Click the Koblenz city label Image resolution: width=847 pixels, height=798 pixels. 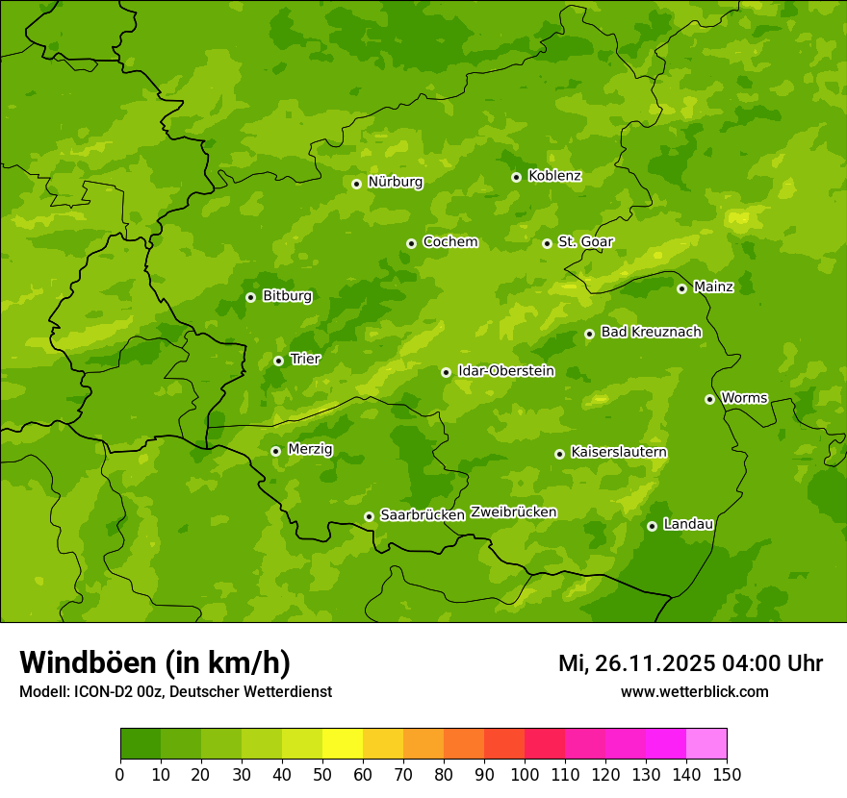[554, 176]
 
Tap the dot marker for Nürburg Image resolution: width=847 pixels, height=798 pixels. [356, 184]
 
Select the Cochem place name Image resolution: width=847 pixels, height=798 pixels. [449, 242]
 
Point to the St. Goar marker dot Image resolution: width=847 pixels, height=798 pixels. [547, 243]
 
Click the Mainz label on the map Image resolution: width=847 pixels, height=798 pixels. [713, 287]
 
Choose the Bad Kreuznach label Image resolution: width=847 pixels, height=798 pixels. [651, 333]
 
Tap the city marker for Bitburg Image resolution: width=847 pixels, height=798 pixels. [250, 297]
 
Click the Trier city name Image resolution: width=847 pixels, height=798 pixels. [305, 360]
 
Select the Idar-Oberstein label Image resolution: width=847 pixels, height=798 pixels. [506, 371]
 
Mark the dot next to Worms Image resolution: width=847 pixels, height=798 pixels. [709, 399]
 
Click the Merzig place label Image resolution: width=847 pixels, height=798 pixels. [310, 450]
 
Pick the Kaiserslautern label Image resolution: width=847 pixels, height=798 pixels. [619, 453]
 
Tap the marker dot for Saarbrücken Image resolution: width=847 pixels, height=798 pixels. [369, 516]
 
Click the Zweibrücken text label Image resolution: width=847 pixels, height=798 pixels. [513, 512]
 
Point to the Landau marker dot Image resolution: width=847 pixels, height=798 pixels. [652, 526]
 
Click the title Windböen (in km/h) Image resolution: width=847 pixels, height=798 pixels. [155, 663]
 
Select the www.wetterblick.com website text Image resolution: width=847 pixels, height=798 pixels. [694, 692]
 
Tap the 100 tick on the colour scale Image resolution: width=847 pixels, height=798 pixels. [525, 774]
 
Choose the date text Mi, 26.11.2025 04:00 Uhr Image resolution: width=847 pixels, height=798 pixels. [690, 663]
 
